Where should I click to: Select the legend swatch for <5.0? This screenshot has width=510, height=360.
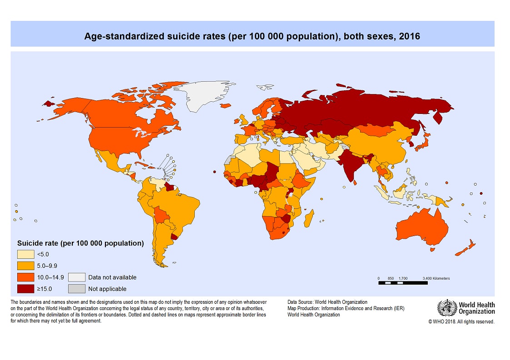(25, 254)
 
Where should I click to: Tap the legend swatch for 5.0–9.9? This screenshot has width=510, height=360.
(25, 266)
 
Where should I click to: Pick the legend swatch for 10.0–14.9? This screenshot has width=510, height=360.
(25, 277)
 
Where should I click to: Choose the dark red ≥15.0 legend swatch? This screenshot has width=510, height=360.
(25, 288)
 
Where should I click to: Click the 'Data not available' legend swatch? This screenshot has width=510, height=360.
(76, 277)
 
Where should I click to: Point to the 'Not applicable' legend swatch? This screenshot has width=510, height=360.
(76, 288)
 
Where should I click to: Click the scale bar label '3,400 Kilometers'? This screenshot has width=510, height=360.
(436, 278)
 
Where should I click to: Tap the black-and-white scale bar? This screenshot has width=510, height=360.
(403, 283)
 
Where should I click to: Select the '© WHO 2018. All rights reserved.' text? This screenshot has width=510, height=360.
(461, 321)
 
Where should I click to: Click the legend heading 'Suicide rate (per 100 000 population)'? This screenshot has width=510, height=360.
(80, 243)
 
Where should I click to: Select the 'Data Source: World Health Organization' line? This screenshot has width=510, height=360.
(327, 302)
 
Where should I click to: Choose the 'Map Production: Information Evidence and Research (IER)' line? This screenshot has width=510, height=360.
(346, 308)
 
